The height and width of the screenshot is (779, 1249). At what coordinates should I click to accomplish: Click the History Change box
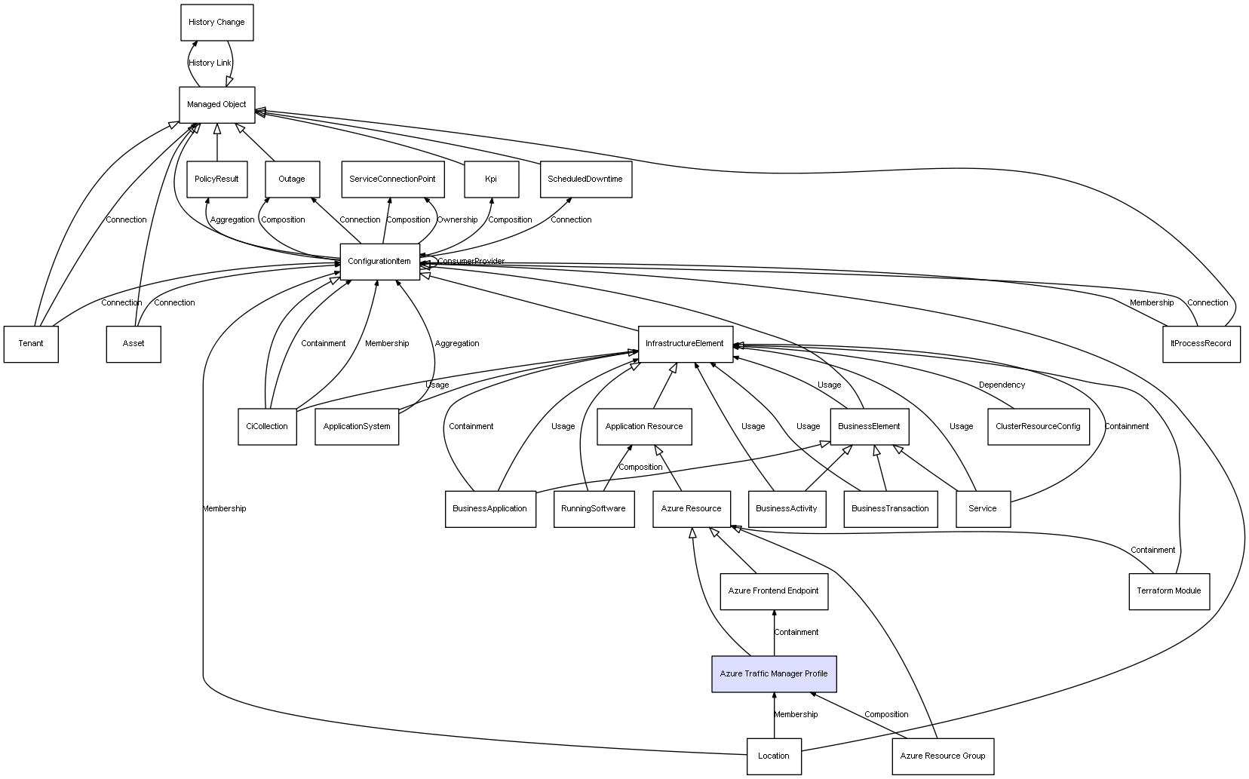(216, 23)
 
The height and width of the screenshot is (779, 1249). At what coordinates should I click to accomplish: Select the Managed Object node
(216, 105)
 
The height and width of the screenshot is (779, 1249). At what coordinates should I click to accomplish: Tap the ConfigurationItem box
(379, 262)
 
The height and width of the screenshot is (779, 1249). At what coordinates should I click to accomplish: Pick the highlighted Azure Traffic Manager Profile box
(774, 674)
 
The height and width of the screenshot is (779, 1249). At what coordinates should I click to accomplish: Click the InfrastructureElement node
(685, 344)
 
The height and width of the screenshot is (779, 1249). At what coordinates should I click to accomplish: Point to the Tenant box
(31, 344)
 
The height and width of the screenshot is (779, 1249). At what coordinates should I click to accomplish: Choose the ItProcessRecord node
(1201, 344)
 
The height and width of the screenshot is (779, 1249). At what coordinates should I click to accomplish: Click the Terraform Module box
(1168, 591)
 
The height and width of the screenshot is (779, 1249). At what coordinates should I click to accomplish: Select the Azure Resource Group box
(942, 756)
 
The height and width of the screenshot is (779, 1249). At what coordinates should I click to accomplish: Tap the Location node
(774, 756)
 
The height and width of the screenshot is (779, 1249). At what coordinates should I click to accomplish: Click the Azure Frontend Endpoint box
(774, 591)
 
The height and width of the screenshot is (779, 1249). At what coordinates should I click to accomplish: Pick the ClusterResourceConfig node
(1038, 427)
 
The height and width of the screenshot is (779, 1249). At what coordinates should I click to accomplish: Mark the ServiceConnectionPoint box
(392, 179)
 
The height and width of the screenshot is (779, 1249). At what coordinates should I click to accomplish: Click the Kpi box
(491, 179)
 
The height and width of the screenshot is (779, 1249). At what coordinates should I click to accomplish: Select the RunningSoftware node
(594, 509)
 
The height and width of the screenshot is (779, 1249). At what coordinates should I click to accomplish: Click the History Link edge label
(210, 63)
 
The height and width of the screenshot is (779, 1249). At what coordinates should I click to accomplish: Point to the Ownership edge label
(457, 220)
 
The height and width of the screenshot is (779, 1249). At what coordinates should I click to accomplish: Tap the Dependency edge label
(1002, 385)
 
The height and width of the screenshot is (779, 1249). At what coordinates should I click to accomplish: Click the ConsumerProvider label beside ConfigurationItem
(471, 262)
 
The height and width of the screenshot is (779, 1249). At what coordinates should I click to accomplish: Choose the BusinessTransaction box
(890, 509)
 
